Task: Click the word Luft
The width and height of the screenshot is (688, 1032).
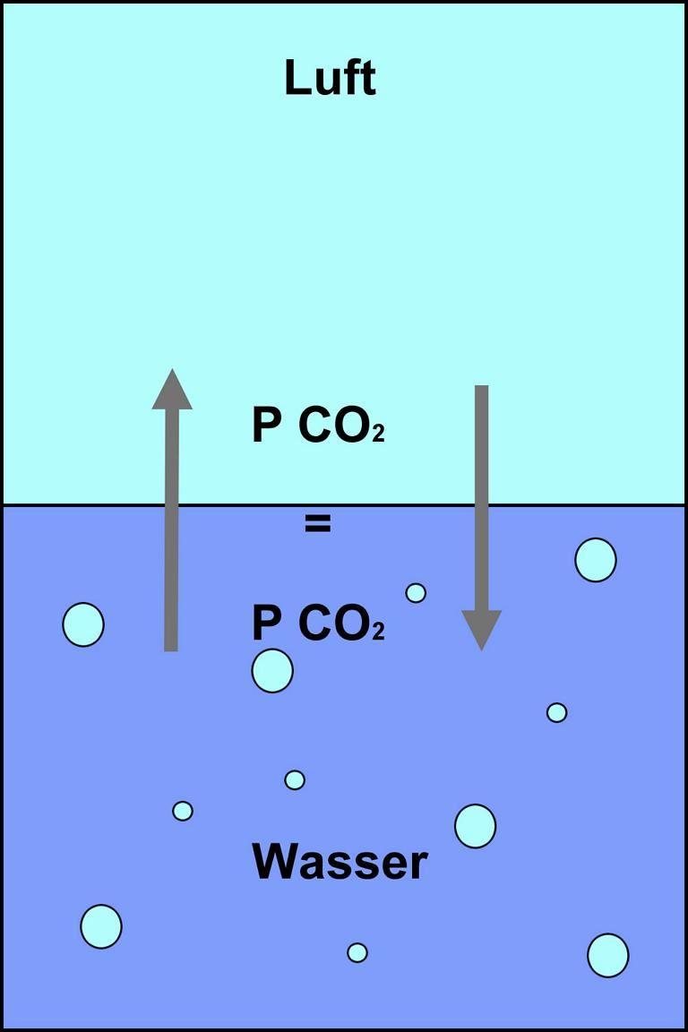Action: [x=330, y=78]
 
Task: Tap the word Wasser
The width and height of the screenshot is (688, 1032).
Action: [x=340, y=862]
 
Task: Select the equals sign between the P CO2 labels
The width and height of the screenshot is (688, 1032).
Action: [x=318, y=524]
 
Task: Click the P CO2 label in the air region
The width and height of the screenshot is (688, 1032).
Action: [x=318, y=426]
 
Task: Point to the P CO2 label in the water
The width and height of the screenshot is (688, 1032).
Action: [x=318, y=623]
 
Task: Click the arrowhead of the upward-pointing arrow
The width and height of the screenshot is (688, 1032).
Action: [x=172, y=390]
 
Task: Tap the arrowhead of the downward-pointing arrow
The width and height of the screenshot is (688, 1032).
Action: [x=481, y=630]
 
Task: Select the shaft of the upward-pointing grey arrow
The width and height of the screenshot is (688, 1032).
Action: [x=171, y=530]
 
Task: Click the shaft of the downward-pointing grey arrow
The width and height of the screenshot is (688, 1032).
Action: [x=482, y=498]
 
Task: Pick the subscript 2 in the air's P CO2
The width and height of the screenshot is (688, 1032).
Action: [x=379, y=434]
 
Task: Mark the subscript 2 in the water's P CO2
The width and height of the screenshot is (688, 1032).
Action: [x=379, y=632]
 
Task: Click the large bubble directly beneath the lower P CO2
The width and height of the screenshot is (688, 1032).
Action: [x=272, y=671]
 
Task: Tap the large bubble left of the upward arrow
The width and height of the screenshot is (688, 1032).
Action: [x=83, y=623]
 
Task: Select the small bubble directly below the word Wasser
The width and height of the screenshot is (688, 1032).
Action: [x=357, y=952]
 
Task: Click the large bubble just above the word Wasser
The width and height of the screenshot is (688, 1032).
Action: [x=476, y=826]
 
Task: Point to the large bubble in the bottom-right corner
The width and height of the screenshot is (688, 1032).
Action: [x=608, y=955]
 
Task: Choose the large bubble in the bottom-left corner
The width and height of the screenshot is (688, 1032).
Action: [x=101, y=926]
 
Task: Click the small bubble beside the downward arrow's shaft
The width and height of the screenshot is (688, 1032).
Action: [x=416, y=593]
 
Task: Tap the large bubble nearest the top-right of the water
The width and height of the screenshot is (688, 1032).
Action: [x=596, y=560]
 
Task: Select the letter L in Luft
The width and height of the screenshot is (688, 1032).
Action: [x=296, y=78]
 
